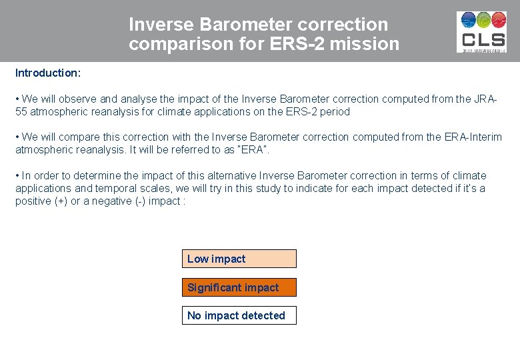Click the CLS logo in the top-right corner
[481, 31]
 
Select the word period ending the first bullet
[335, 111]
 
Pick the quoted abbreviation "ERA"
[255, 149]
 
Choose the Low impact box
[239, 259]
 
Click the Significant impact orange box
[239, 287]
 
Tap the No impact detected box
[239, 315]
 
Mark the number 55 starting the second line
[21, 111]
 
